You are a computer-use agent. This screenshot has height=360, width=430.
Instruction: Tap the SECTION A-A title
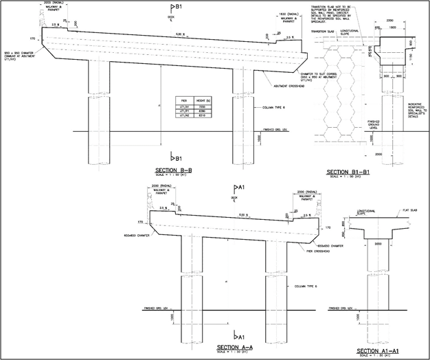235,347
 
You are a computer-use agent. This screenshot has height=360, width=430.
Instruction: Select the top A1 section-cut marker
238,187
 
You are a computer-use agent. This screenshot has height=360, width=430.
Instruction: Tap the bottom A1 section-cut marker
238,335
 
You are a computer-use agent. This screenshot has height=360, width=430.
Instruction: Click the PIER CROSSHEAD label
308,251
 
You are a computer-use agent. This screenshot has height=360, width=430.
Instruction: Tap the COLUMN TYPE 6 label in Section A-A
305,286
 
